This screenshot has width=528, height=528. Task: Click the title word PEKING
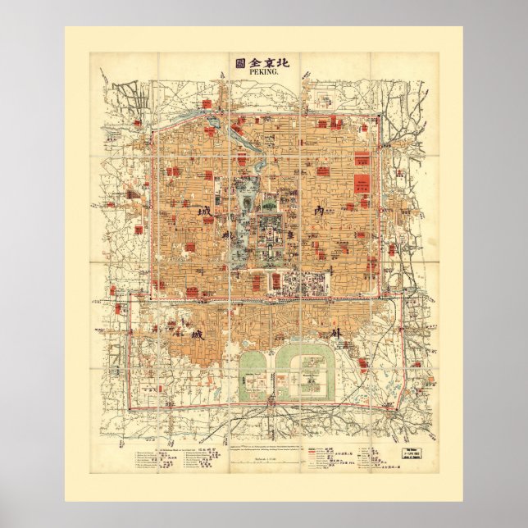click(x=263, y=73)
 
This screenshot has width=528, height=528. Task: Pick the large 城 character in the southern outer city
click(x=174, y=336)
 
